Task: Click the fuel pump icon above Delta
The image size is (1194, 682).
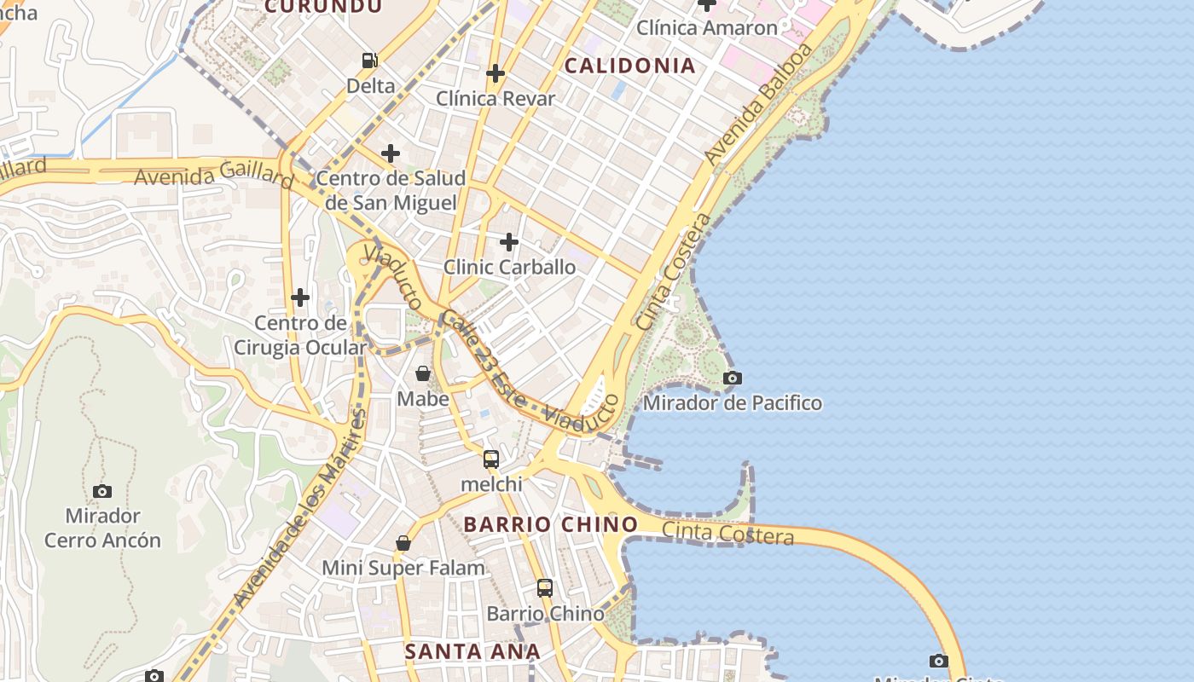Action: tap(369, 61)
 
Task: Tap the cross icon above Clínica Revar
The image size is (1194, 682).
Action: tap(495, 73)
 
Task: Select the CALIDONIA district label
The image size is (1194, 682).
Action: tap(630, 66)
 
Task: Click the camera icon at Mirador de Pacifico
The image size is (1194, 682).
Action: tap(732, 378)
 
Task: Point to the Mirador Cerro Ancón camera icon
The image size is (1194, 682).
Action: tap(102, 491)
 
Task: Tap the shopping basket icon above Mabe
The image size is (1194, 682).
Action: tap(423, 373)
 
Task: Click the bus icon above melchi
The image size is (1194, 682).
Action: tap(491, 459)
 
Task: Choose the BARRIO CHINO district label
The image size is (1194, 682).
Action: tap(551, 524)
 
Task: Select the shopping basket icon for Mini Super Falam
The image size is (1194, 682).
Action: tap(403, 543)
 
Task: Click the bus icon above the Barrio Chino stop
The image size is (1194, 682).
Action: tap(545, 588)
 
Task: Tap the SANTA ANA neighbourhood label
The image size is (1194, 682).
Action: tap(472, 652)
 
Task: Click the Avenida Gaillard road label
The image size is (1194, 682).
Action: tap(214, 176)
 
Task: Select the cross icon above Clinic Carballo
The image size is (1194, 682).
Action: tap(509, 242)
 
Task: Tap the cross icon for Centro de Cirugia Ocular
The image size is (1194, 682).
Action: tap(300, 298)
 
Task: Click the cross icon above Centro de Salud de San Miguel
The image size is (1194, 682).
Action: tap(391, 153)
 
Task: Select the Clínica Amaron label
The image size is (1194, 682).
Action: tap(708, 28)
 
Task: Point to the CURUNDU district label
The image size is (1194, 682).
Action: tap(323, 7)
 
